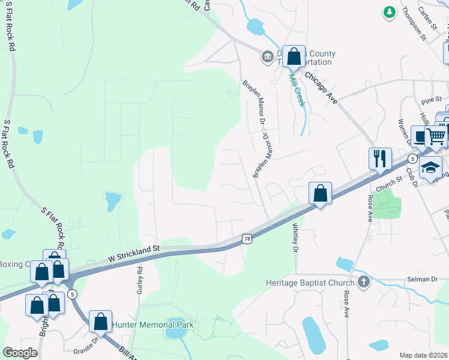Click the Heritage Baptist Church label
(x=310, y=282)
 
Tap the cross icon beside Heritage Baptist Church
(x=363, y=281)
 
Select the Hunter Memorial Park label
(x=152, y=325)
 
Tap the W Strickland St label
(x=133, y=253)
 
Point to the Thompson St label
(x=414, y=23)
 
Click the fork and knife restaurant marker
(x=380, y=158)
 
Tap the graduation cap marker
(x=430, y=167)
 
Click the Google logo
(x=20, y=353)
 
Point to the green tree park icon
(x=390, y=11)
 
